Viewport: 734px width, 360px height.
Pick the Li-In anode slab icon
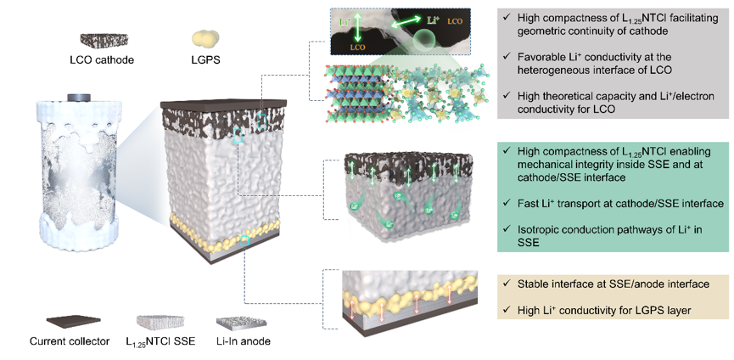click(x=240, y=321)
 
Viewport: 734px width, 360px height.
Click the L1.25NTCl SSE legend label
click(x=161, y=342)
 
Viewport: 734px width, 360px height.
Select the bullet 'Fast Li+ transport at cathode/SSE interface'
click(x=611, y=204)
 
